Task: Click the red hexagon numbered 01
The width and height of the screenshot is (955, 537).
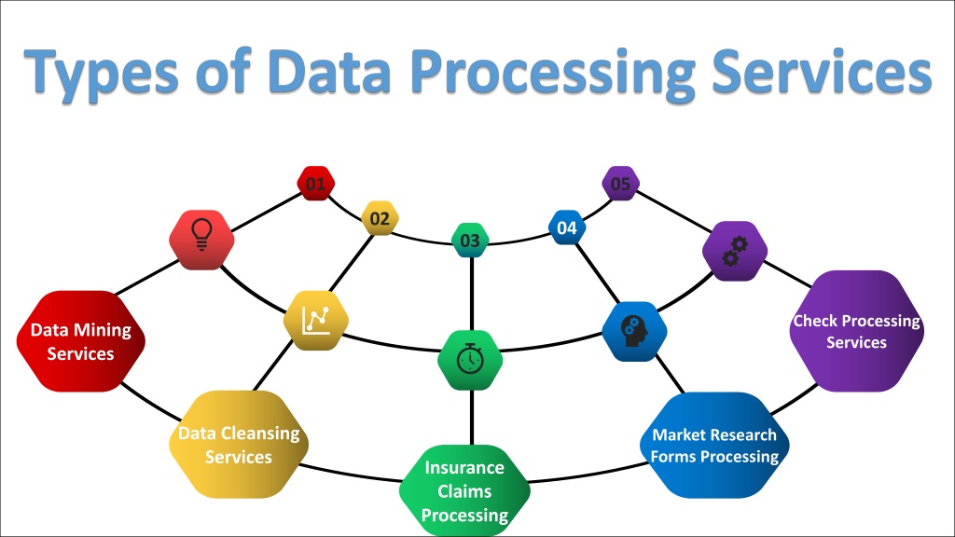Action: (315, 184)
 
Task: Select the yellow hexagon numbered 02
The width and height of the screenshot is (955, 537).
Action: (380, 218)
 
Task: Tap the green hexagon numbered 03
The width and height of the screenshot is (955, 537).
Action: (470, 241)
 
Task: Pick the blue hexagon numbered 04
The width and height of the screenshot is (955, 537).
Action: (567, 227)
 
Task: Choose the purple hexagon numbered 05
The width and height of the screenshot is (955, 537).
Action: (620, 184)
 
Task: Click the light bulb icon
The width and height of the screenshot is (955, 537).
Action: (201, 234)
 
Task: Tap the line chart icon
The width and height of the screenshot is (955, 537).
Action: (316, 321)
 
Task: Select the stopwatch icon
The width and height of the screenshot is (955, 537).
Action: (470, 359)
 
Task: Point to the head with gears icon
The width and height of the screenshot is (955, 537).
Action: (634, 331)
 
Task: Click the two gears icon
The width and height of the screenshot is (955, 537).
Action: (735, 251)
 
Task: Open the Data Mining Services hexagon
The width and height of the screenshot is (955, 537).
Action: (81, 341)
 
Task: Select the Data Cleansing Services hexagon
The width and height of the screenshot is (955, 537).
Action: (239, 445)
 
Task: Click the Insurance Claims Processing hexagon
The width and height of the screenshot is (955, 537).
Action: (464, 490)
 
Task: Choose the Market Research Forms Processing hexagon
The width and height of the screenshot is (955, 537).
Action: (714, 445)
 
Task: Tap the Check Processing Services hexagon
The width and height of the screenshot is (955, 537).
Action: (856, 331)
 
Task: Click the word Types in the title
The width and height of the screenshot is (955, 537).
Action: (102, 72)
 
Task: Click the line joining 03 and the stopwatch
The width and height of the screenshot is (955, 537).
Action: (471, 294)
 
